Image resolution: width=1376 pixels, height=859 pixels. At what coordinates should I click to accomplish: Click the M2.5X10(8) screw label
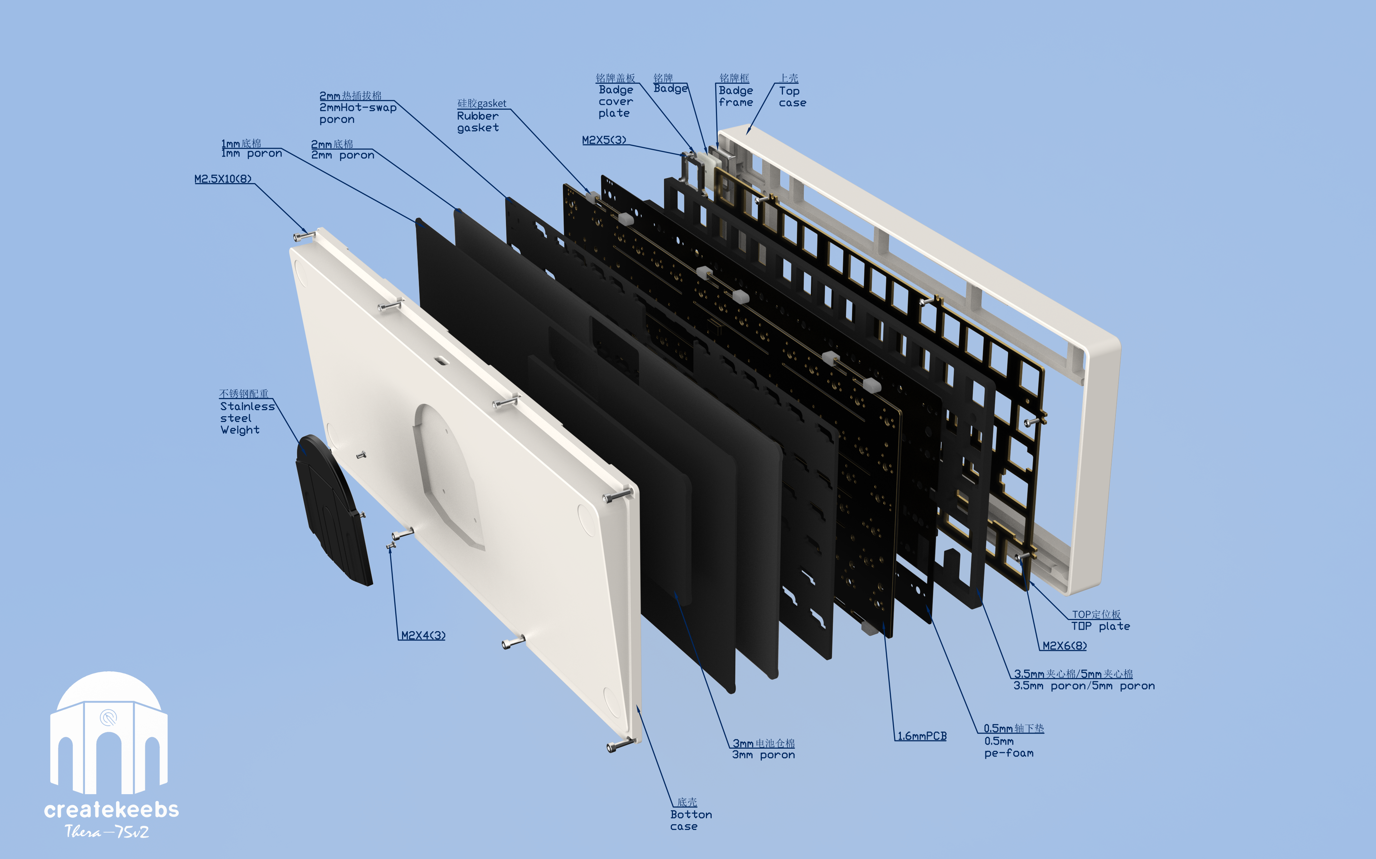point(223,179)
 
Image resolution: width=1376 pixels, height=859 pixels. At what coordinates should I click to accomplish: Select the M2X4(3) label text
point(423,635)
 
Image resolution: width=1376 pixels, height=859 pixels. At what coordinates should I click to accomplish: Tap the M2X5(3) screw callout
point(604,140)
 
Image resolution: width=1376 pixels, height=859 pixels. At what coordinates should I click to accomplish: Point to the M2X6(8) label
point(1064,646)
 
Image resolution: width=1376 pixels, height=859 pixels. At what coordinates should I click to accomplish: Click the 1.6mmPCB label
point(922,736)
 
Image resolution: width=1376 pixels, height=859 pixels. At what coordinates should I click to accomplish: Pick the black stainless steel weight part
point(332,511)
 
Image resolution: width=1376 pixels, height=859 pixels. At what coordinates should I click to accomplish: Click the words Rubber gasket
point(478,121)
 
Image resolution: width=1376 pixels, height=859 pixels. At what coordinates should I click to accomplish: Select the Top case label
point(792,97)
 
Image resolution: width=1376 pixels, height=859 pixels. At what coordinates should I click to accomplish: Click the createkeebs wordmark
point(111,809)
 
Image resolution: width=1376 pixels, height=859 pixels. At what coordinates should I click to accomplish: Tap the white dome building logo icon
point(109,733)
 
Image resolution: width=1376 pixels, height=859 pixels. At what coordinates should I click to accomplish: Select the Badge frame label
point(736,96)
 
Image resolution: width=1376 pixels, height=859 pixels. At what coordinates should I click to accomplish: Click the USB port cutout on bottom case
point(441,360)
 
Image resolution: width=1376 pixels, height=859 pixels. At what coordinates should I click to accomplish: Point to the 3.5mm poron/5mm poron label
point(1083,686)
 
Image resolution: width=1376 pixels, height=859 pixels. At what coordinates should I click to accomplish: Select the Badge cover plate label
point(615,101)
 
